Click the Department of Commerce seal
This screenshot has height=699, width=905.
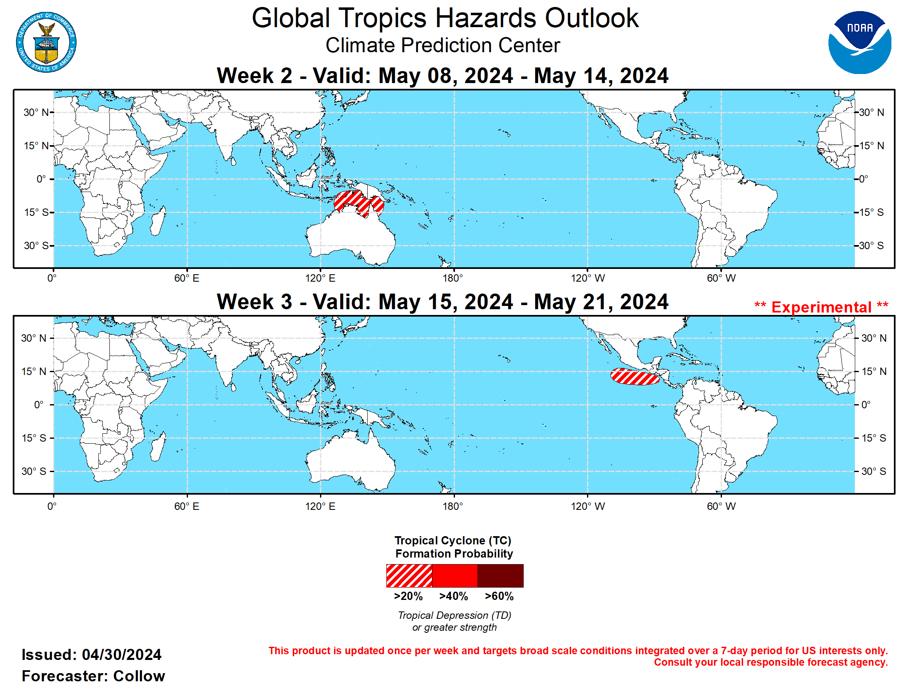coord(46,42)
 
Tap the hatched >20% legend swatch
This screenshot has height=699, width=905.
coord(408,575)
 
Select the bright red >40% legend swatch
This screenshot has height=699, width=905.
coord(455,575)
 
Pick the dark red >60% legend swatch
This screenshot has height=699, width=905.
coord(500,575)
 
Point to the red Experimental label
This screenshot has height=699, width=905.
coord(821,307)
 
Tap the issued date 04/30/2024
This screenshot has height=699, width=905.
coord(121,655)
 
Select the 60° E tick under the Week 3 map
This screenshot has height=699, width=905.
coord(186,506)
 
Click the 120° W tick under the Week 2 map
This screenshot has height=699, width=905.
coord(587,278)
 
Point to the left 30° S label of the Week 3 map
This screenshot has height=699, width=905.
coord(34,471)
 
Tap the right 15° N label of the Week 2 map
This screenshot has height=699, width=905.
coord(871,146)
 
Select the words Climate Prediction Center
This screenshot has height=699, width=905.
coord(442,45)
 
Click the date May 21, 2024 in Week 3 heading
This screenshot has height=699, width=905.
coord(601,301)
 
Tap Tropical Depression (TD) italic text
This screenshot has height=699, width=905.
coord(454,615)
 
